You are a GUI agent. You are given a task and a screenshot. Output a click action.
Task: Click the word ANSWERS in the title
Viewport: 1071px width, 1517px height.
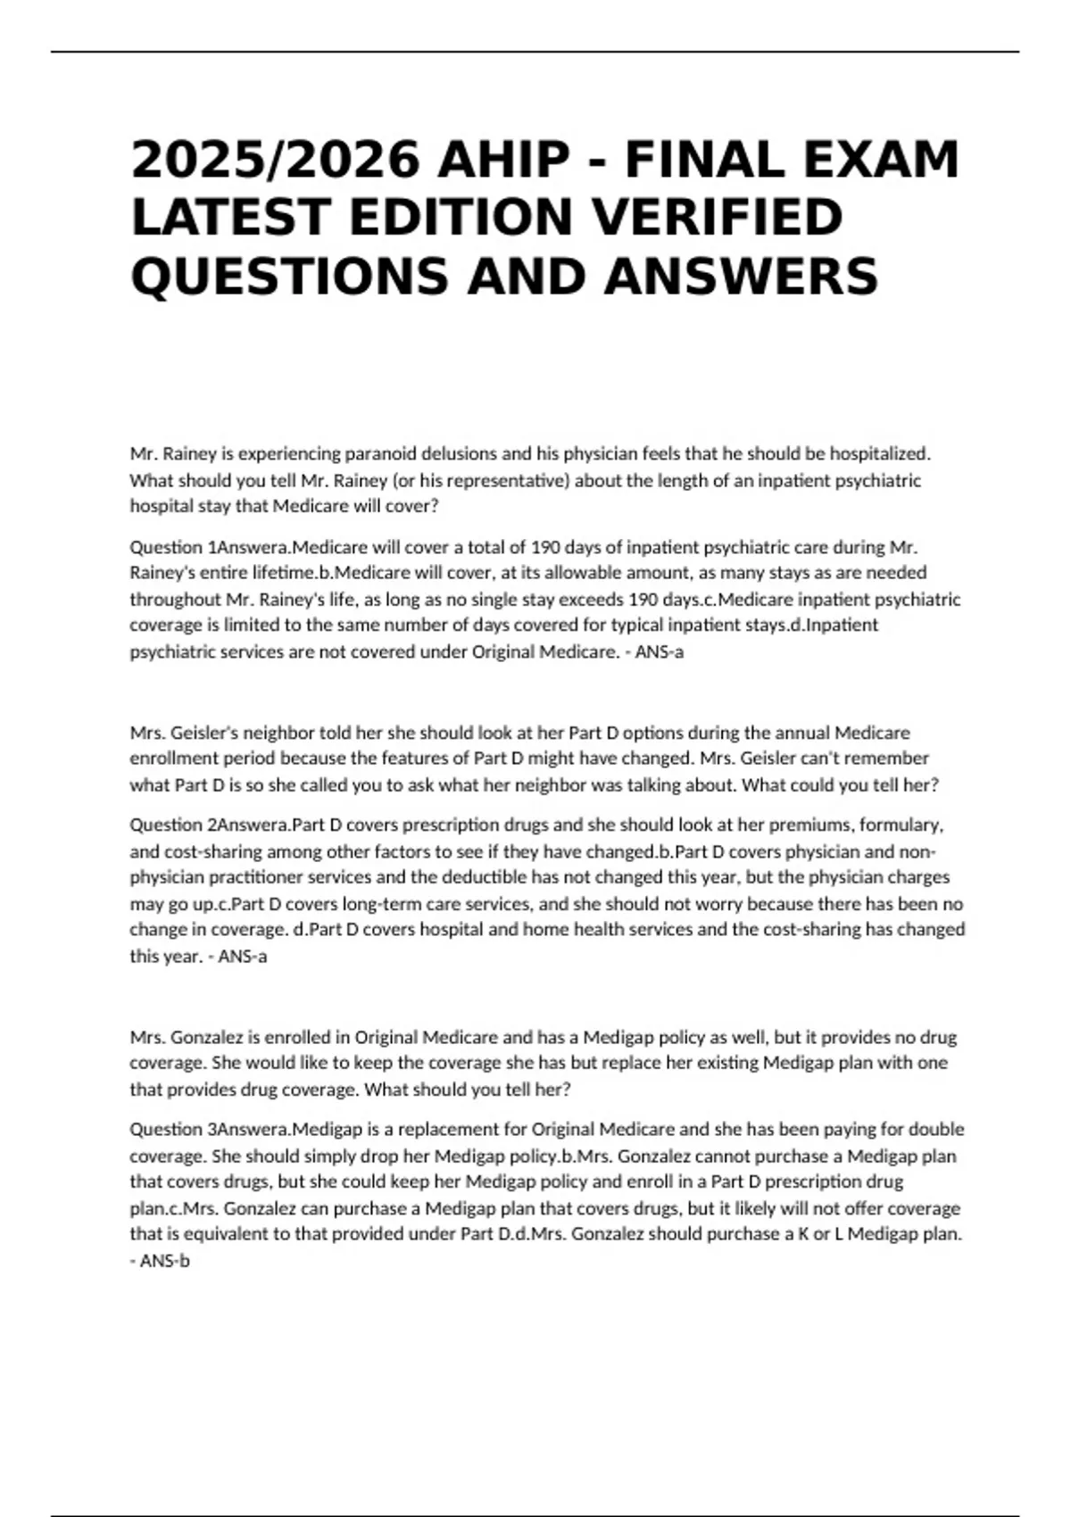742,275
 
